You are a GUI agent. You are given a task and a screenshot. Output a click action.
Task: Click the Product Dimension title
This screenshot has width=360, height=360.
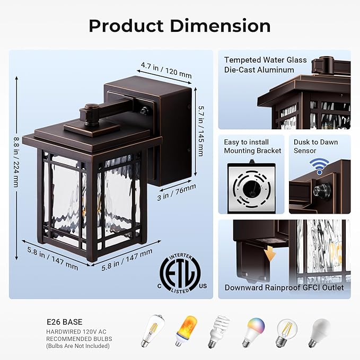point(179,25)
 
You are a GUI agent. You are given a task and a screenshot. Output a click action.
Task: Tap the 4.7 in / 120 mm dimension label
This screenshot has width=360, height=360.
point(166,71)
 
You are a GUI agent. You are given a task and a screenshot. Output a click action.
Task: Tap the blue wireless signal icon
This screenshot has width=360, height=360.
point(319,166)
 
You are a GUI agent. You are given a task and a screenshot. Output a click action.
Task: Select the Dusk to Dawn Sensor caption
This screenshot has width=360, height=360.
point(315,146)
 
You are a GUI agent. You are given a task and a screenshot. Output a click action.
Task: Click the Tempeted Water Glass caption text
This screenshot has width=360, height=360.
point(265,60)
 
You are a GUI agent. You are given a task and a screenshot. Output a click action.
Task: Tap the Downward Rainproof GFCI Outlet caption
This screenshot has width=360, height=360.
point(284,287)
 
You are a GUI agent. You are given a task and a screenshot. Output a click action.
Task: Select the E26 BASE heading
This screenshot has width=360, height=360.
point(62,321)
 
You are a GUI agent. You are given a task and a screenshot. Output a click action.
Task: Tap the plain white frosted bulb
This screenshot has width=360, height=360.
point(319,332)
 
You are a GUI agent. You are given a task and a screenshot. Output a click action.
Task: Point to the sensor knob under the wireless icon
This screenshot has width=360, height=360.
point(319,189)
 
